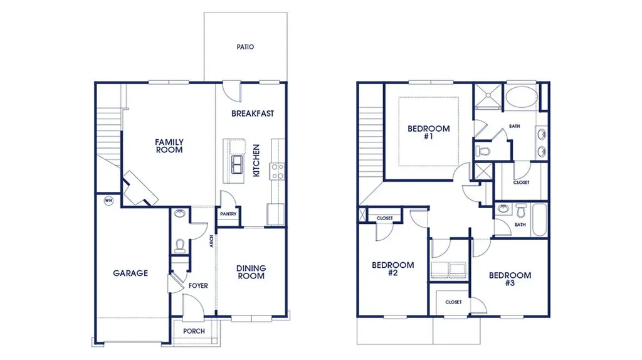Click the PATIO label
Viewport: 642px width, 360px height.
(245, 47)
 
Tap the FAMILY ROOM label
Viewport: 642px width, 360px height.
(169, 146)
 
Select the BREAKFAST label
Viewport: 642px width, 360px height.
(253, 114)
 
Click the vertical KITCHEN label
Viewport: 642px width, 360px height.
(256, 161)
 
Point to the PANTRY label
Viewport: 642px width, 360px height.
(228, 214)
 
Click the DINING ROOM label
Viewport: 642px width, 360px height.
(251, 272)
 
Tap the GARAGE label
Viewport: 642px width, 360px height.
(130, 273)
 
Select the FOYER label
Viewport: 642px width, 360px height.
(198, 286)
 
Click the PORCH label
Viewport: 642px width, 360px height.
(194, 331)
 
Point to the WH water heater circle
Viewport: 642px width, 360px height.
(108, 201)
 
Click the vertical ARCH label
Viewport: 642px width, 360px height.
(212, 241)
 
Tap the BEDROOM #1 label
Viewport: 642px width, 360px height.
(429, 132)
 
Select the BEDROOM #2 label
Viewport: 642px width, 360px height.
(393, 268)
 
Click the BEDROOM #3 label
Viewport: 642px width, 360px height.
(510, 278)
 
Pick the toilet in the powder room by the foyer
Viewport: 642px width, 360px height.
(181, 245)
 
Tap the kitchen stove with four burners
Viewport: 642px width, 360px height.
(276, 171)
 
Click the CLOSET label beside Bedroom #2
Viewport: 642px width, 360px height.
(384, 218)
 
